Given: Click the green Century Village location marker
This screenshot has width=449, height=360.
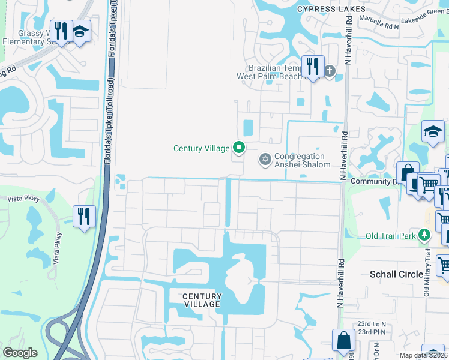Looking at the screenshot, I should (x=239, y=147).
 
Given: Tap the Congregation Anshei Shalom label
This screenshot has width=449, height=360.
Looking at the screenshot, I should (x=302, y=161).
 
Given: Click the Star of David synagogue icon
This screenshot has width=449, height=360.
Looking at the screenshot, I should (x=264, y=160).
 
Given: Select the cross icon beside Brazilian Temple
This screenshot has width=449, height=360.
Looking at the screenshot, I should (x=329, y=72).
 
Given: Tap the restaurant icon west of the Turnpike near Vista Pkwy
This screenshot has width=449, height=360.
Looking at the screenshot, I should (x=84, y=215).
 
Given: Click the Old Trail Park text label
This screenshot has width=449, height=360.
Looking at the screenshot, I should (x=391, y=236).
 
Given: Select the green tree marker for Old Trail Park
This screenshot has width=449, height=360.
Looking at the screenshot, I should (x=425, y=235).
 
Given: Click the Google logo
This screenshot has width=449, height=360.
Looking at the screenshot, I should (x=20, y=353).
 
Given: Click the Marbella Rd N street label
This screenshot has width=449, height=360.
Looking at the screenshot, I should (x=379, y=26).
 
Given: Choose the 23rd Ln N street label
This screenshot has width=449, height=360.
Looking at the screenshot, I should (x=372, y=325).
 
